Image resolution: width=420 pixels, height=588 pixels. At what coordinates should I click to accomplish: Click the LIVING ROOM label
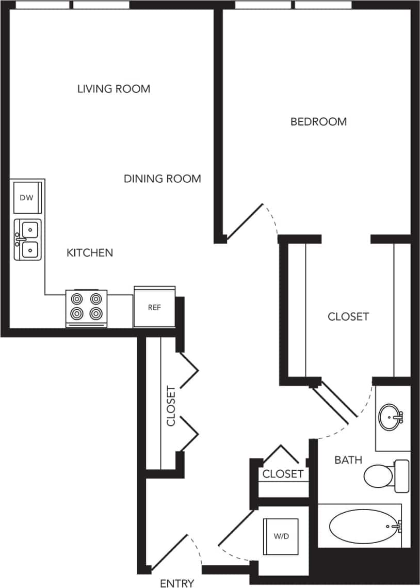point(114,89)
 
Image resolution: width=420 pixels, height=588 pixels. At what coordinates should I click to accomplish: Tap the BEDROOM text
point(318,122)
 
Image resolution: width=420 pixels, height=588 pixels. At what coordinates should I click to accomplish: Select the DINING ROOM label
point(162,179)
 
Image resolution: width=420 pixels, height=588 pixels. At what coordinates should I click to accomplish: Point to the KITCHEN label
point(90,253)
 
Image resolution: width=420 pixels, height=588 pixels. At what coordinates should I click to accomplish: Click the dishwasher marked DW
point(27,198)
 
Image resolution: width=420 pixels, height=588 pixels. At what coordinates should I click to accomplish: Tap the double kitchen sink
point(28,240)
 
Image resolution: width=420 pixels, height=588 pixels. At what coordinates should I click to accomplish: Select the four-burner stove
point(86,307)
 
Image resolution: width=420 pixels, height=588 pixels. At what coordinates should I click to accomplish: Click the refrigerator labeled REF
point(154,307)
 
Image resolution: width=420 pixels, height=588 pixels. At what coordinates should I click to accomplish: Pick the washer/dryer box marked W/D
point(281,536)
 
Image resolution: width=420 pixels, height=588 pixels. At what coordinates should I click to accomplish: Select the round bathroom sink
point(391,417)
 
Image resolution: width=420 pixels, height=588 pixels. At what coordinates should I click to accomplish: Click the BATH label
point(348,459)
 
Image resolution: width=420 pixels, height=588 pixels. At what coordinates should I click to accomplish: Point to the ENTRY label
point(177,583)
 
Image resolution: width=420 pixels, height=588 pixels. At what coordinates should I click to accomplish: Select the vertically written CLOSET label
point(171,406)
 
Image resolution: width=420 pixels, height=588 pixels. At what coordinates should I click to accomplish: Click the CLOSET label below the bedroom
point(348,316)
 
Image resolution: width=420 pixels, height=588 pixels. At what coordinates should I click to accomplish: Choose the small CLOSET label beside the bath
point(283,474)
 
